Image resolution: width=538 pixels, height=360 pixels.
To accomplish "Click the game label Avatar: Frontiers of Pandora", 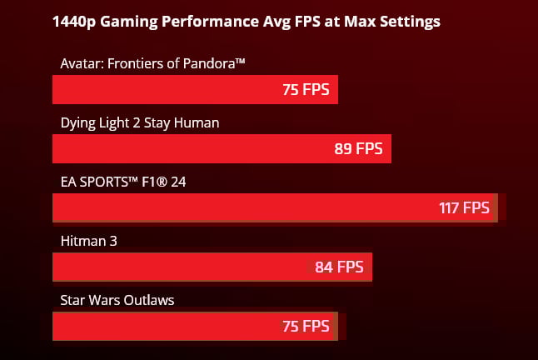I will [152, 63].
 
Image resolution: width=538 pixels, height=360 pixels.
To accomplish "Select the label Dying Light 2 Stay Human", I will [139, 122].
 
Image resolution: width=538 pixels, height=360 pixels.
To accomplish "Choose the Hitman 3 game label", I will [89, 241].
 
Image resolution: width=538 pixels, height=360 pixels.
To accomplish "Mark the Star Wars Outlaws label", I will [117, 300].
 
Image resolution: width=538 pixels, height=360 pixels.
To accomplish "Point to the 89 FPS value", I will [358, 149].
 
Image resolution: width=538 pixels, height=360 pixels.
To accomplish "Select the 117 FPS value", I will [465, 207].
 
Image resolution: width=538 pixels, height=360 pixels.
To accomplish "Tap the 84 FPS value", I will [339, 267].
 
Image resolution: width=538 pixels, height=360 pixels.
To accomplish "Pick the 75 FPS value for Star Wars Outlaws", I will [306, 326].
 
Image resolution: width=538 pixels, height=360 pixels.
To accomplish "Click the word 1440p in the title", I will [74, 22].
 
